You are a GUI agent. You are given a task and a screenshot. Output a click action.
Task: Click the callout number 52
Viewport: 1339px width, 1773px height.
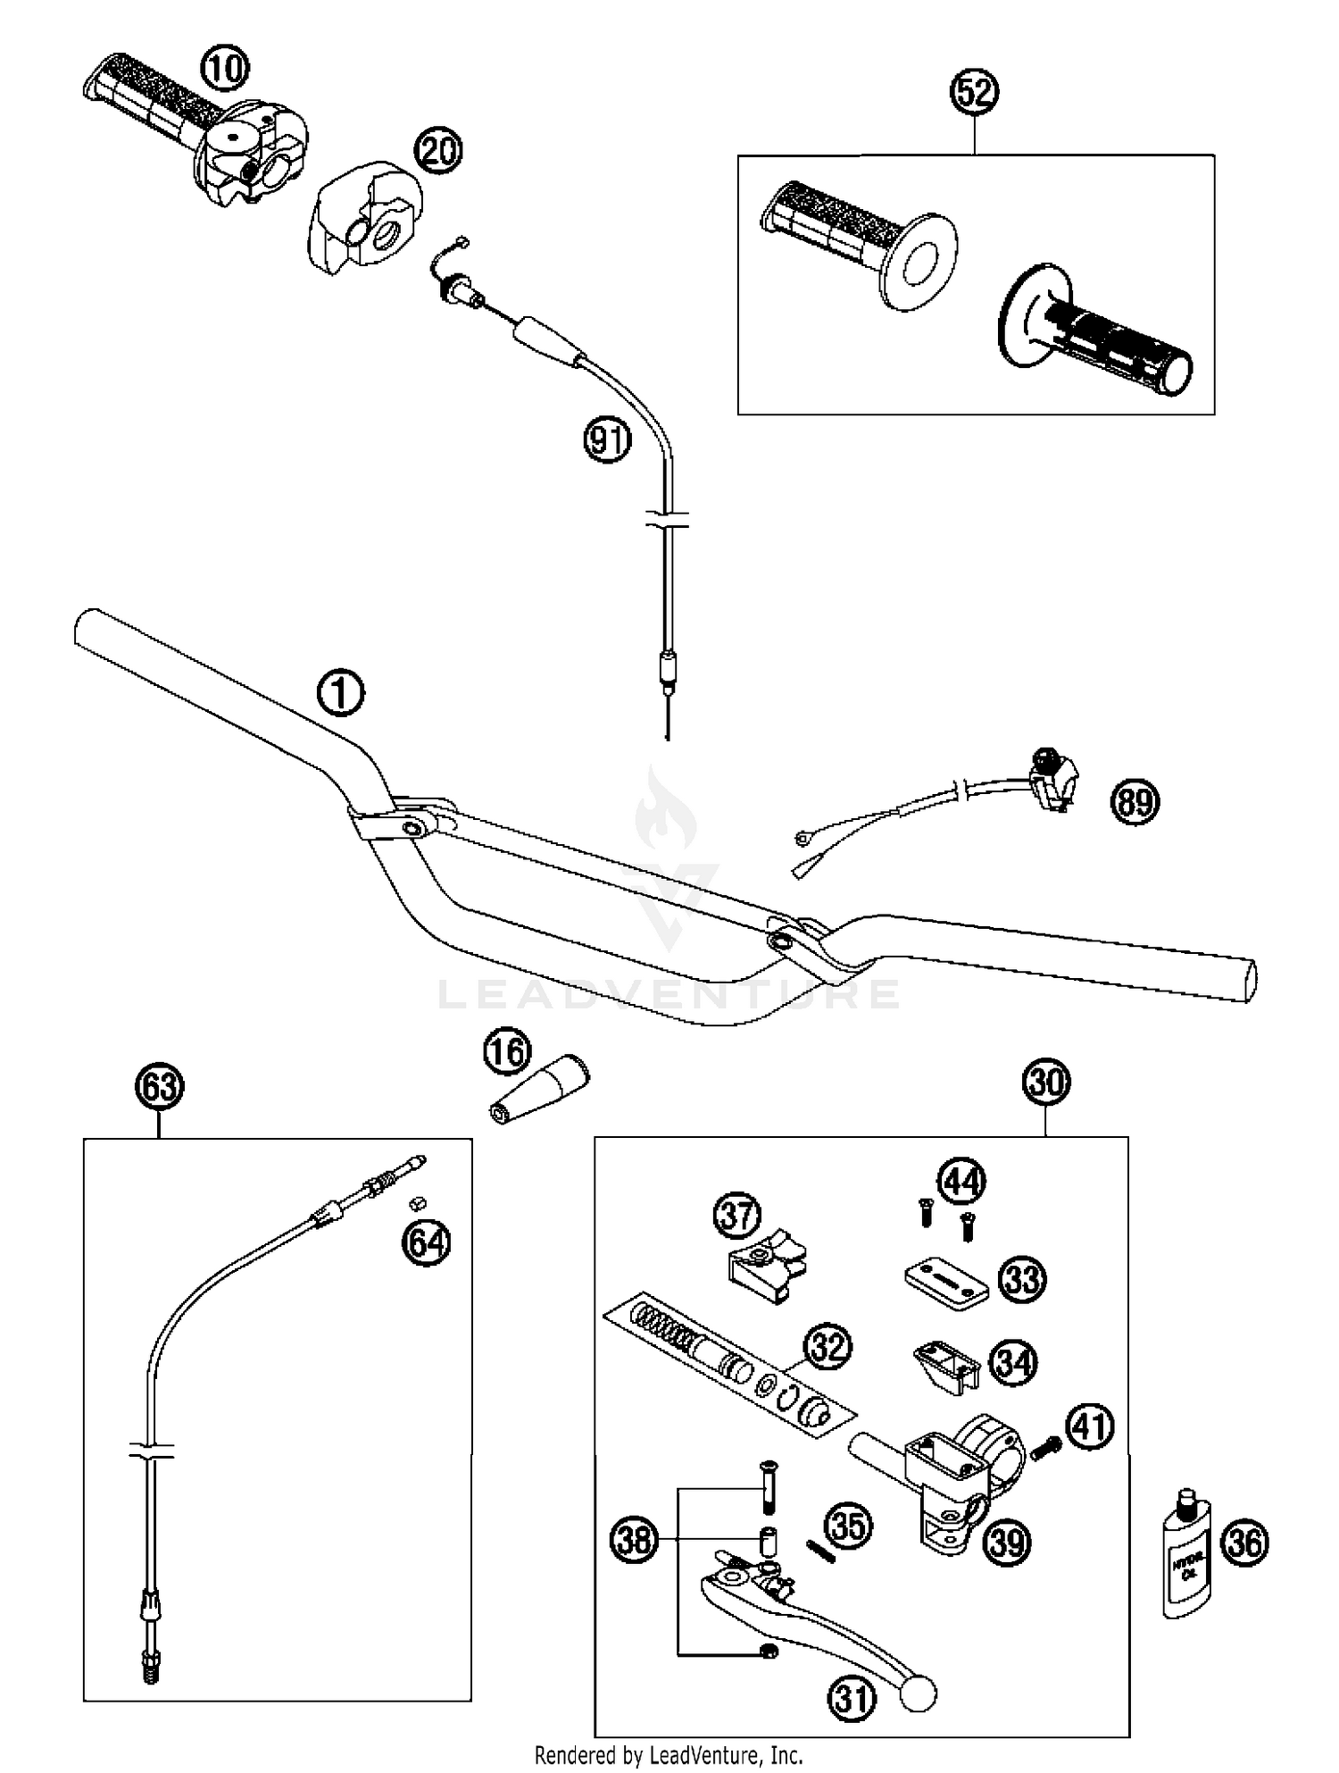[x=974, y=92]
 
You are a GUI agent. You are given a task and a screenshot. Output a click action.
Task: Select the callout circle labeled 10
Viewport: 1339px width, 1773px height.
[x=226, y=68]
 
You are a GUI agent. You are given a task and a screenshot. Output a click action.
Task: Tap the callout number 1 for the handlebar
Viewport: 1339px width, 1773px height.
[x=341, y=695]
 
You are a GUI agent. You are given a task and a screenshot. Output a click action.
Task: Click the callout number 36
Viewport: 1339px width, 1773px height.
[x=1245, y=1543]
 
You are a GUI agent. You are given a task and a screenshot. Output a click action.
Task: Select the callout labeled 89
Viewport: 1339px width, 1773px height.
[x=1135, y=801]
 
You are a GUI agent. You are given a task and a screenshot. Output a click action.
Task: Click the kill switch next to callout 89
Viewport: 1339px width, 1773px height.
[x=1052, y=776]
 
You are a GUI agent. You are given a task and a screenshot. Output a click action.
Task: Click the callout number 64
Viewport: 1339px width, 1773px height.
[x=426, y=1242]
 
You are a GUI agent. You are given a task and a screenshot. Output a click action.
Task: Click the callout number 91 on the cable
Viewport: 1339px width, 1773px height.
[x=608, y=440]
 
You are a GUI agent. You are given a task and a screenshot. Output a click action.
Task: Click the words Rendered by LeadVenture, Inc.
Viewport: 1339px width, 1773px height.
[x=669, y=1754]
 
